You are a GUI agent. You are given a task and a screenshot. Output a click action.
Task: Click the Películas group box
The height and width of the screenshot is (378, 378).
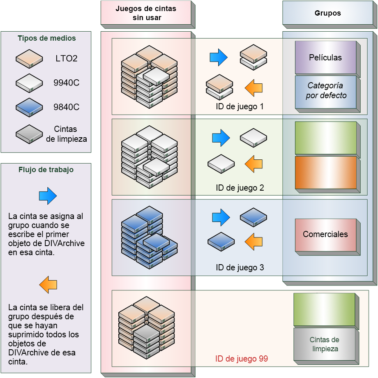tap(325, 58)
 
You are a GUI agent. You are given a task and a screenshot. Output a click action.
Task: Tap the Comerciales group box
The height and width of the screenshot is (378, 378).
tap(325, 235)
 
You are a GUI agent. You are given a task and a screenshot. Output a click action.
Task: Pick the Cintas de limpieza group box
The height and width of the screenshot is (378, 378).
tap(324, 344)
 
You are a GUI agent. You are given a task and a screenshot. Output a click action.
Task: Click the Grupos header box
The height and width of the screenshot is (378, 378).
tap(327, 13)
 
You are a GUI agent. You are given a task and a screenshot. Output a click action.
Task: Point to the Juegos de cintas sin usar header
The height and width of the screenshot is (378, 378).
tap(146, 13)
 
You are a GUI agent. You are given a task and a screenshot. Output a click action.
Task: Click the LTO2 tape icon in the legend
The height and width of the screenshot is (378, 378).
tap(29, 58)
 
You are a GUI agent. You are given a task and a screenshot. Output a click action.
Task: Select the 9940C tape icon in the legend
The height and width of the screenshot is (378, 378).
tap(29, 83)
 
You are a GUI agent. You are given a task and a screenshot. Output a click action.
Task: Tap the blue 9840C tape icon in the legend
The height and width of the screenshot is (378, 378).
tap(29, 108)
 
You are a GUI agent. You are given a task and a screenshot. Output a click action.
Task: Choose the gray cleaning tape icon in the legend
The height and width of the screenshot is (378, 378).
tap(29, 134)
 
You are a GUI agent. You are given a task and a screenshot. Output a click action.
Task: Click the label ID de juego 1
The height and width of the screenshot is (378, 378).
tap(240, 107)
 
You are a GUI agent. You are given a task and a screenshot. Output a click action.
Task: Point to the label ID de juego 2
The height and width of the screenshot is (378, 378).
tap(240, 188)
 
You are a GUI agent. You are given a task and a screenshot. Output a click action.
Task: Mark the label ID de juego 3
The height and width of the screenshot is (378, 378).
tap(240, 268)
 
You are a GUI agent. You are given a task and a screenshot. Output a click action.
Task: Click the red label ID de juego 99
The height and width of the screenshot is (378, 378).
tap(242, 359)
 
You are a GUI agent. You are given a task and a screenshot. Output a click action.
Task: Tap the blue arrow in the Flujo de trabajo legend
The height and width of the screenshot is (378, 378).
tap(48, 196)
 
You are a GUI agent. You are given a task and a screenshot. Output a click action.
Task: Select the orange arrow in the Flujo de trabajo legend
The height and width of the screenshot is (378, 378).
tap(48, 284)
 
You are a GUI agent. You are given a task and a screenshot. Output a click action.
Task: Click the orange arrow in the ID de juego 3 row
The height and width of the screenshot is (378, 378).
tap(254, 242)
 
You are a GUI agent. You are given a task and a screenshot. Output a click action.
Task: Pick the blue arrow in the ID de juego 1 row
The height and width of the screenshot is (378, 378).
tap(218, 57)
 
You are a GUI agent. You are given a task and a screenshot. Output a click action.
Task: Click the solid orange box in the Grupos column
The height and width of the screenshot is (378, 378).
tap(326, 172)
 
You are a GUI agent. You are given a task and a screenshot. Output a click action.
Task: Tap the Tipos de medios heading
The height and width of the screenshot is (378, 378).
tap(46, 38)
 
